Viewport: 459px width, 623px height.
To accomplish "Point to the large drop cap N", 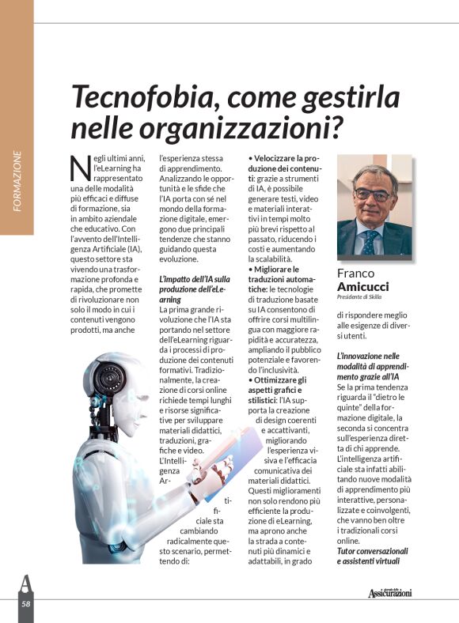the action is coord(80,168).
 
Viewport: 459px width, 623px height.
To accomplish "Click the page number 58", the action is coord(26,604).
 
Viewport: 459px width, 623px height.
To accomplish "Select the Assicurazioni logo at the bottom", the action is coord(389,592).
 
